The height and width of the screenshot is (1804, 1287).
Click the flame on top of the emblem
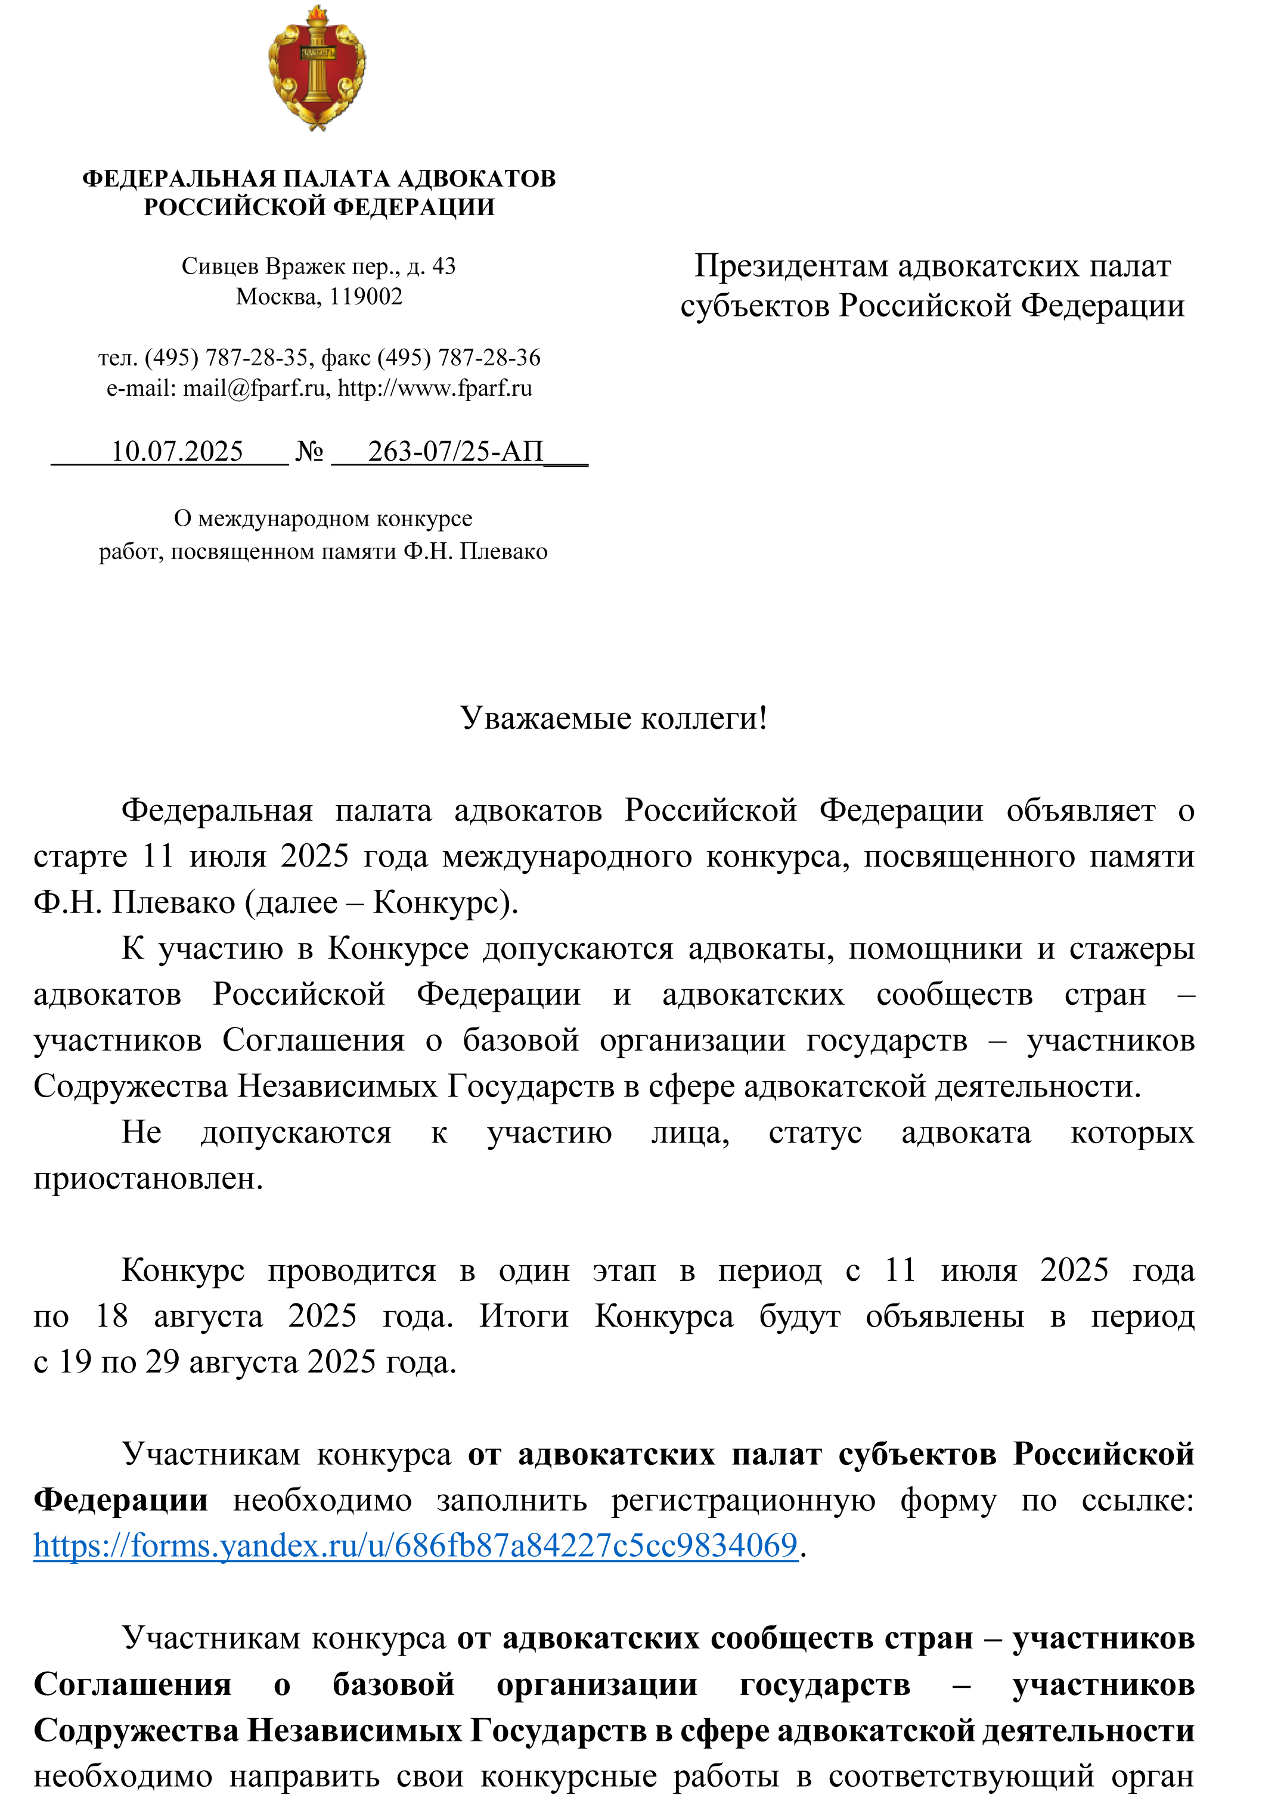(318, 14)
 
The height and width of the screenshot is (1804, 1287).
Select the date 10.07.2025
(176, 452)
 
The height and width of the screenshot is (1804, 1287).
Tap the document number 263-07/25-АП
(455, 452)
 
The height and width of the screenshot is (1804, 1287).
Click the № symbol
(309, 452)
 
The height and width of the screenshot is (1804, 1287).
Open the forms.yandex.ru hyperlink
(415, 1546)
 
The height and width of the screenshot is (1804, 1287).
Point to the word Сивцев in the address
(219, 266)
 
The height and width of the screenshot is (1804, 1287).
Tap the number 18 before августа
(111, 1316)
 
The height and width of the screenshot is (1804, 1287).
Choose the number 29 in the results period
(163, 1362)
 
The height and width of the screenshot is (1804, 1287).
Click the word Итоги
(524, 1316)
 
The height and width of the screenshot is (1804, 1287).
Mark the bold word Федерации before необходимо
(120, 1500)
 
